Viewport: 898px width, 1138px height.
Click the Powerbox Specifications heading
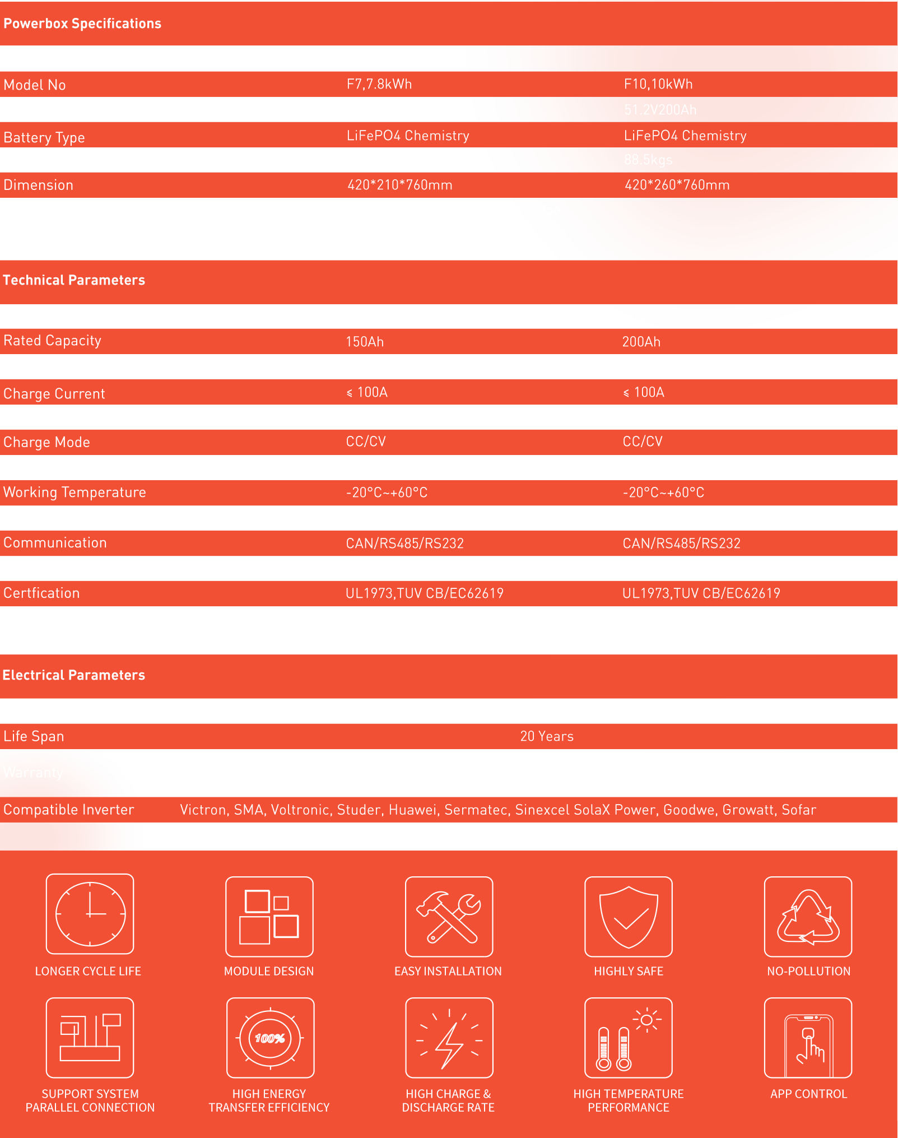click(x=82, y=24)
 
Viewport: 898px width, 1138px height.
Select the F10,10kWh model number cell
click(x=658, y=84)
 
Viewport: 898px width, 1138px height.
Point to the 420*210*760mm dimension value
click(x=399, y=185)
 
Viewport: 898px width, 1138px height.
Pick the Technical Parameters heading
click(x=74, y=280)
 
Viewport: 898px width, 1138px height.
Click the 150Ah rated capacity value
click(x=365, y=342)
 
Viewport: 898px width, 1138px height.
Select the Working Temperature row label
click(x=75, y=492)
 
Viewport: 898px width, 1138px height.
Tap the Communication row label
click(x=55, y=542)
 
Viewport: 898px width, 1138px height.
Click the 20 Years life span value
click(x=547, y=736)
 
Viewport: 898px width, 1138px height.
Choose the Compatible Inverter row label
click(x=69, y=810)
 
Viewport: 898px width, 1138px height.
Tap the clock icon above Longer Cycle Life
click(x=90, y=914)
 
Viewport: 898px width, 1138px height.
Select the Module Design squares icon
click(x=269, y=917)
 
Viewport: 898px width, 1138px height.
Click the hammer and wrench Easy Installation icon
click(x=449, y=917)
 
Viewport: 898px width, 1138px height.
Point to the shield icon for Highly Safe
click(x=629, y=917)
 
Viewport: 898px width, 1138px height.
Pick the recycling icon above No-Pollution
click(x=808, y=917)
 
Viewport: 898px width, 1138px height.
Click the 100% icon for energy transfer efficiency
click(x=270, y=1038)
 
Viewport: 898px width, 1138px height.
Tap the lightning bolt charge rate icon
click(x=449, y=1038)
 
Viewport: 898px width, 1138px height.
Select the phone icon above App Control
click(x=808, y=1038)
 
